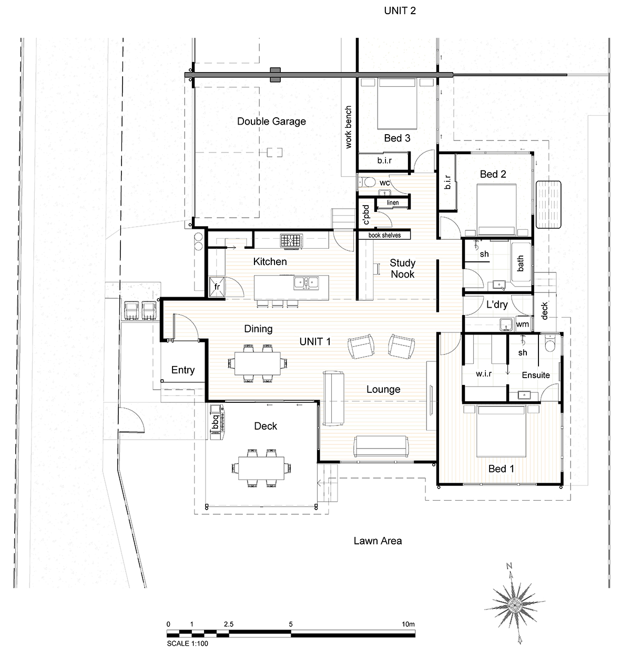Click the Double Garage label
tap(271, 121)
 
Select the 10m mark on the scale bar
tap(408, 624)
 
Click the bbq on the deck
tap(217, 422)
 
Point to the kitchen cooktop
tap(292, 241)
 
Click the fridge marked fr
tap(217, 287)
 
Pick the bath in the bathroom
tap(521, 263)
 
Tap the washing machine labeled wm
tap(522, 324)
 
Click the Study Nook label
tap(403, 269)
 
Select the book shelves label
tap(384, 235)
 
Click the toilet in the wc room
tap(367, 182)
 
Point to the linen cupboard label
tap(393, 202)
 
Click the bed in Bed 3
tap(397, 104)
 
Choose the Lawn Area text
tap(378, 541)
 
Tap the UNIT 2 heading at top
tap(400, 11)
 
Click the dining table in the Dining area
tap(257, 363)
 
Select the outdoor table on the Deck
tap(261, 468)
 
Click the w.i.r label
tap(484, 374)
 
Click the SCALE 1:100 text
tap(187, 644)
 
